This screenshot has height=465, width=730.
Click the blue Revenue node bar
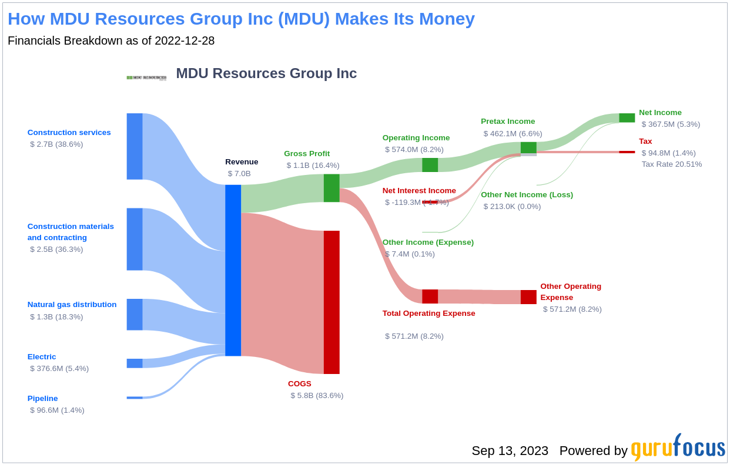pos(233,270)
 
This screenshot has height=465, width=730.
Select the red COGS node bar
pos(331,302)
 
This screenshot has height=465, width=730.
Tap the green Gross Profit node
pos(331,188)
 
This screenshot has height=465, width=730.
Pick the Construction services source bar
pos(135,146)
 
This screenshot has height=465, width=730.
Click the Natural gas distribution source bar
pos(135,315)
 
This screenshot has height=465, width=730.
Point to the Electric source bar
pos(135,363)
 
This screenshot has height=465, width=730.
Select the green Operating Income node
pos(430,165)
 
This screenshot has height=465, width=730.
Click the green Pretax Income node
pos(528,148)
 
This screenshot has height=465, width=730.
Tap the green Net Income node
pos(627,118)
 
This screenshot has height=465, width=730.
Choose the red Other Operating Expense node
pos(528,297)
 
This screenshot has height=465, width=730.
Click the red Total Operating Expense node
pos(430,296)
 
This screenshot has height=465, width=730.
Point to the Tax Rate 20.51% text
pos(671,164)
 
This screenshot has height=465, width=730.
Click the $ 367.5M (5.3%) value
pos(671,124)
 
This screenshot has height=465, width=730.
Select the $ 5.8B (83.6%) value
pos(317,396)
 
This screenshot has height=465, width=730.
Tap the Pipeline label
pos(42,399)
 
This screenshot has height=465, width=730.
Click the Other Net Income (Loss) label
pos(527,195)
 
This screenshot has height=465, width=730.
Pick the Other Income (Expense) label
pos(428,242)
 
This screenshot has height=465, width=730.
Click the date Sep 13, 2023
pos(510,451)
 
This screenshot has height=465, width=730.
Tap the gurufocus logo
pos(678,449)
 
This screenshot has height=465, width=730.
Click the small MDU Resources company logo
pos(146,77)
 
